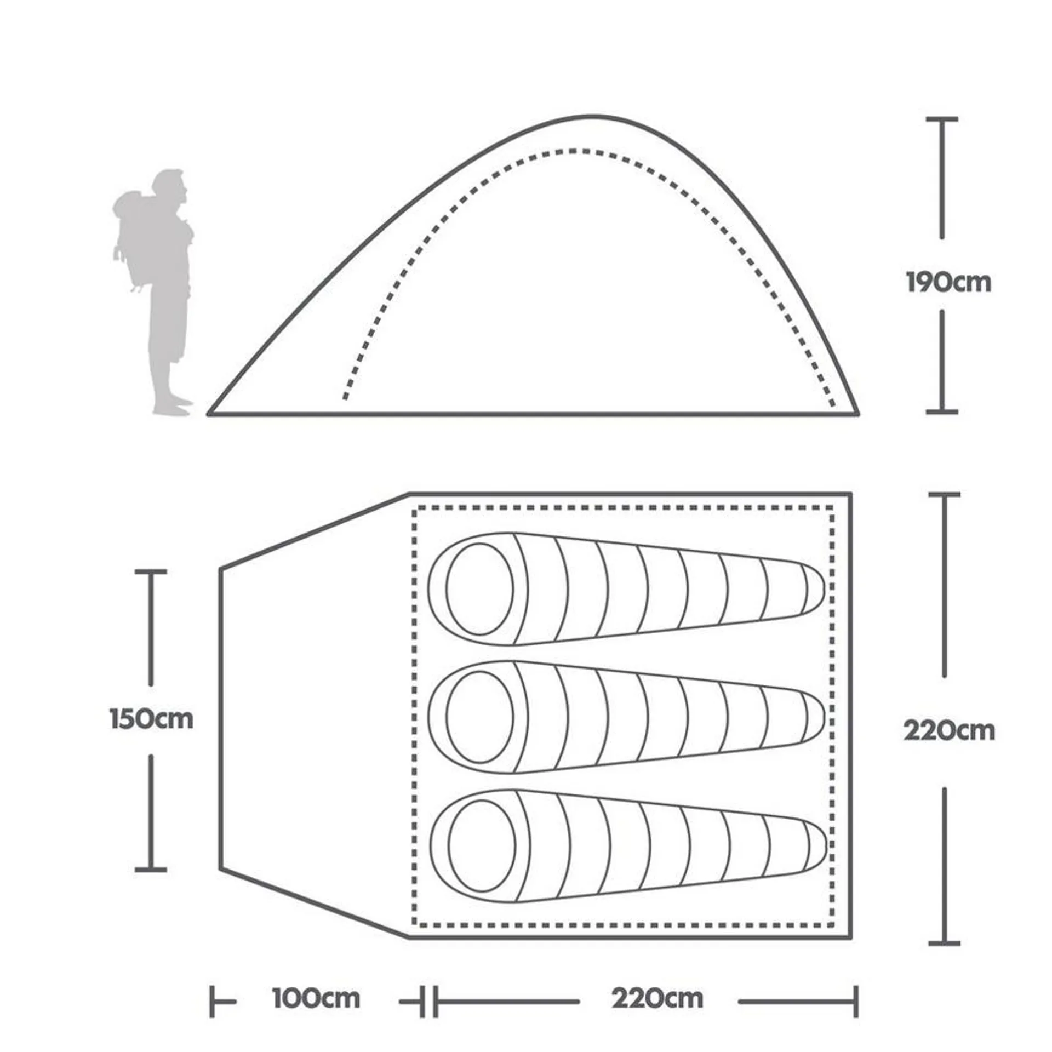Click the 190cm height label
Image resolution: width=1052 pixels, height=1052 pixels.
coord(948,283)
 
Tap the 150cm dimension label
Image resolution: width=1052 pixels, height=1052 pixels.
coord(152,719)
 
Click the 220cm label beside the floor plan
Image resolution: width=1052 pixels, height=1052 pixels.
coord(949,730)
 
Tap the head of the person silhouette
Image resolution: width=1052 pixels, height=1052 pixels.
coord(171,186)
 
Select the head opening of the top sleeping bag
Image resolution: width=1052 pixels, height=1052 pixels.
coord(479,589)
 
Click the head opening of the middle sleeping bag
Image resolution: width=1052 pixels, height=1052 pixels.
coord(479,717)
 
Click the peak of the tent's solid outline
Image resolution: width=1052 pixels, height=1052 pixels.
coord(592,116)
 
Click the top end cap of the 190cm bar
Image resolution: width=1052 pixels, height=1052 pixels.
coord(942,119)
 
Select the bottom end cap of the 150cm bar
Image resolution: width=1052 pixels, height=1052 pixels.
coord(151,869)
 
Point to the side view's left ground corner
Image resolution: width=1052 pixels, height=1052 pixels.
coord(209,414)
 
